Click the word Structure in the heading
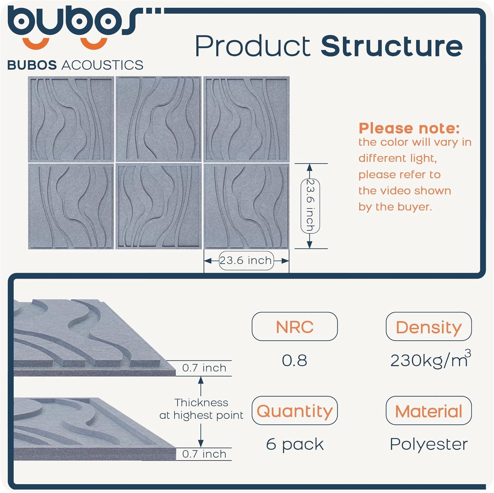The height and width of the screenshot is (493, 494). tap(391, 46)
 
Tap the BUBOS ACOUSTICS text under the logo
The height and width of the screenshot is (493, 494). tap(75, 65)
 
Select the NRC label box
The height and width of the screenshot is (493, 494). tap(294, 327)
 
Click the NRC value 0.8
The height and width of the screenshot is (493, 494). tap(294, 360)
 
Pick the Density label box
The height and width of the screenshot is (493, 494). tap(428, 327)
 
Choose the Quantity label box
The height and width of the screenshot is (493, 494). tap(294, 411)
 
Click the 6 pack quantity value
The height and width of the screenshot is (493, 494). tap(294, 444)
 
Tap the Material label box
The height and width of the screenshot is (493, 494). tap(428, 411)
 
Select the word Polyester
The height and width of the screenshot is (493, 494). tap(428, 444)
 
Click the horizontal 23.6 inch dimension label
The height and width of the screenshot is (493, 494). tap(246, 261)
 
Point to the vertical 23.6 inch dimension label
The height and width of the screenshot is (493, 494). tap(310, 206)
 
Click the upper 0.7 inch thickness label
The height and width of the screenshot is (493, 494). tap(204, 368)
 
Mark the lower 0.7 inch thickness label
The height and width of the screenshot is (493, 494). tap(204, 454)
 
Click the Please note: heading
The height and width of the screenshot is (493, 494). tap(409, 128)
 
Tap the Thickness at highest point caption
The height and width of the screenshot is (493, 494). tap(201, 409)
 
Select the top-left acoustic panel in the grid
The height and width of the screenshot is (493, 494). tap(71, 119)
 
